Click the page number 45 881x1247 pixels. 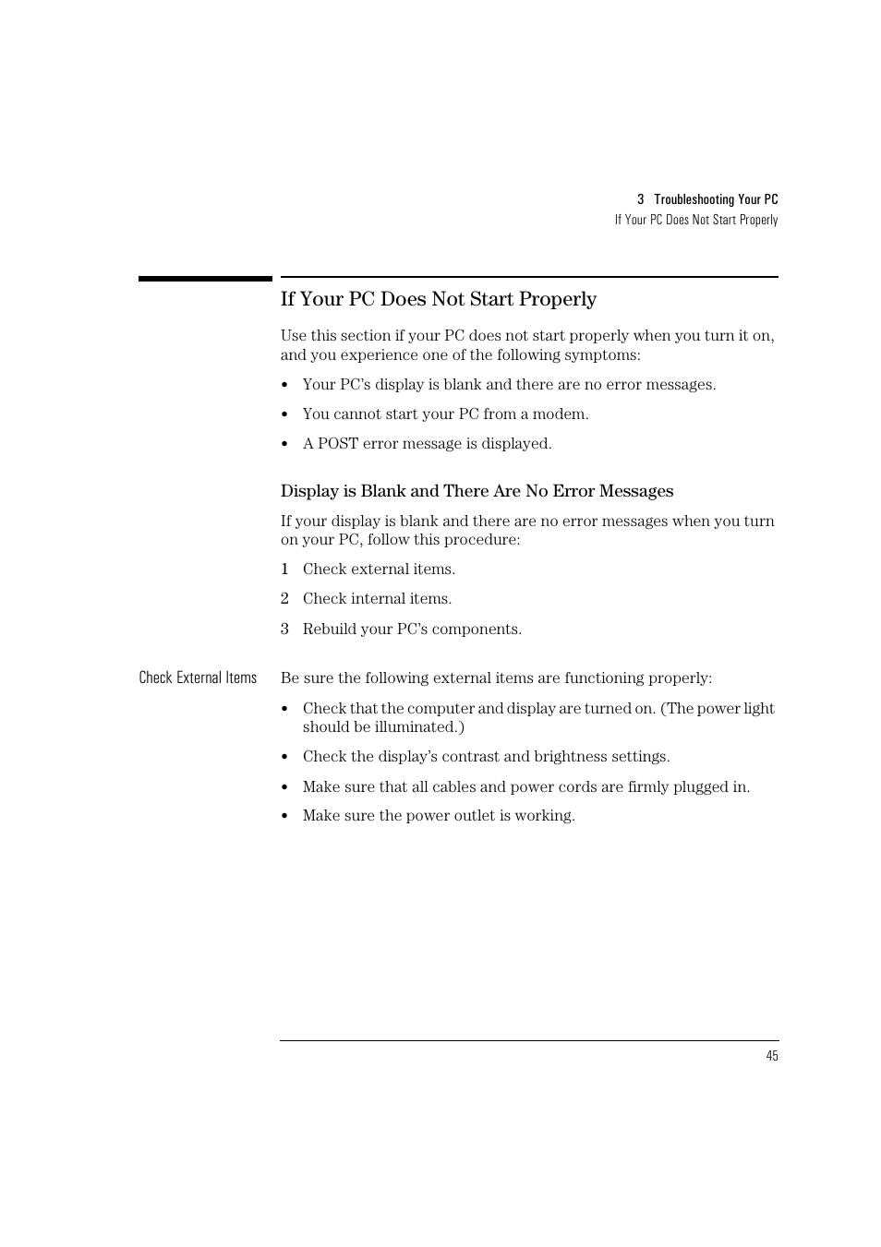coord(772,1056)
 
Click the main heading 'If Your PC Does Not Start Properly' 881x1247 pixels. coord(439,299)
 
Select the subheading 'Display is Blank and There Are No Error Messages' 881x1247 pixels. coord(477,491)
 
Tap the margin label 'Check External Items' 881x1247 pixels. coord(198,677)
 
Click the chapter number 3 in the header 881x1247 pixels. coord(640,199)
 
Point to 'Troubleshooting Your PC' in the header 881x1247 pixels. coord(716,199)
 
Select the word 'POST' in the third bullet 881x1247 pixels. coord(338,444)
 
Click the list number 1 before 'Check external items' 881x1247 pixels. coord(284,570)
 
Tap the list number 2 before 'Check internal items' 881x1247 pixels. coord(284,599)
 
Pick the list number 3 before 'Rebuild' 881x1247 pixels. coord(284,629)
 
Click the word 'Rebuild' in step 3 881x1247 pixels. coord(331,629)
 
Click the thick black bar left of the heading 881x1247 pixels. coord(205,278)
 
